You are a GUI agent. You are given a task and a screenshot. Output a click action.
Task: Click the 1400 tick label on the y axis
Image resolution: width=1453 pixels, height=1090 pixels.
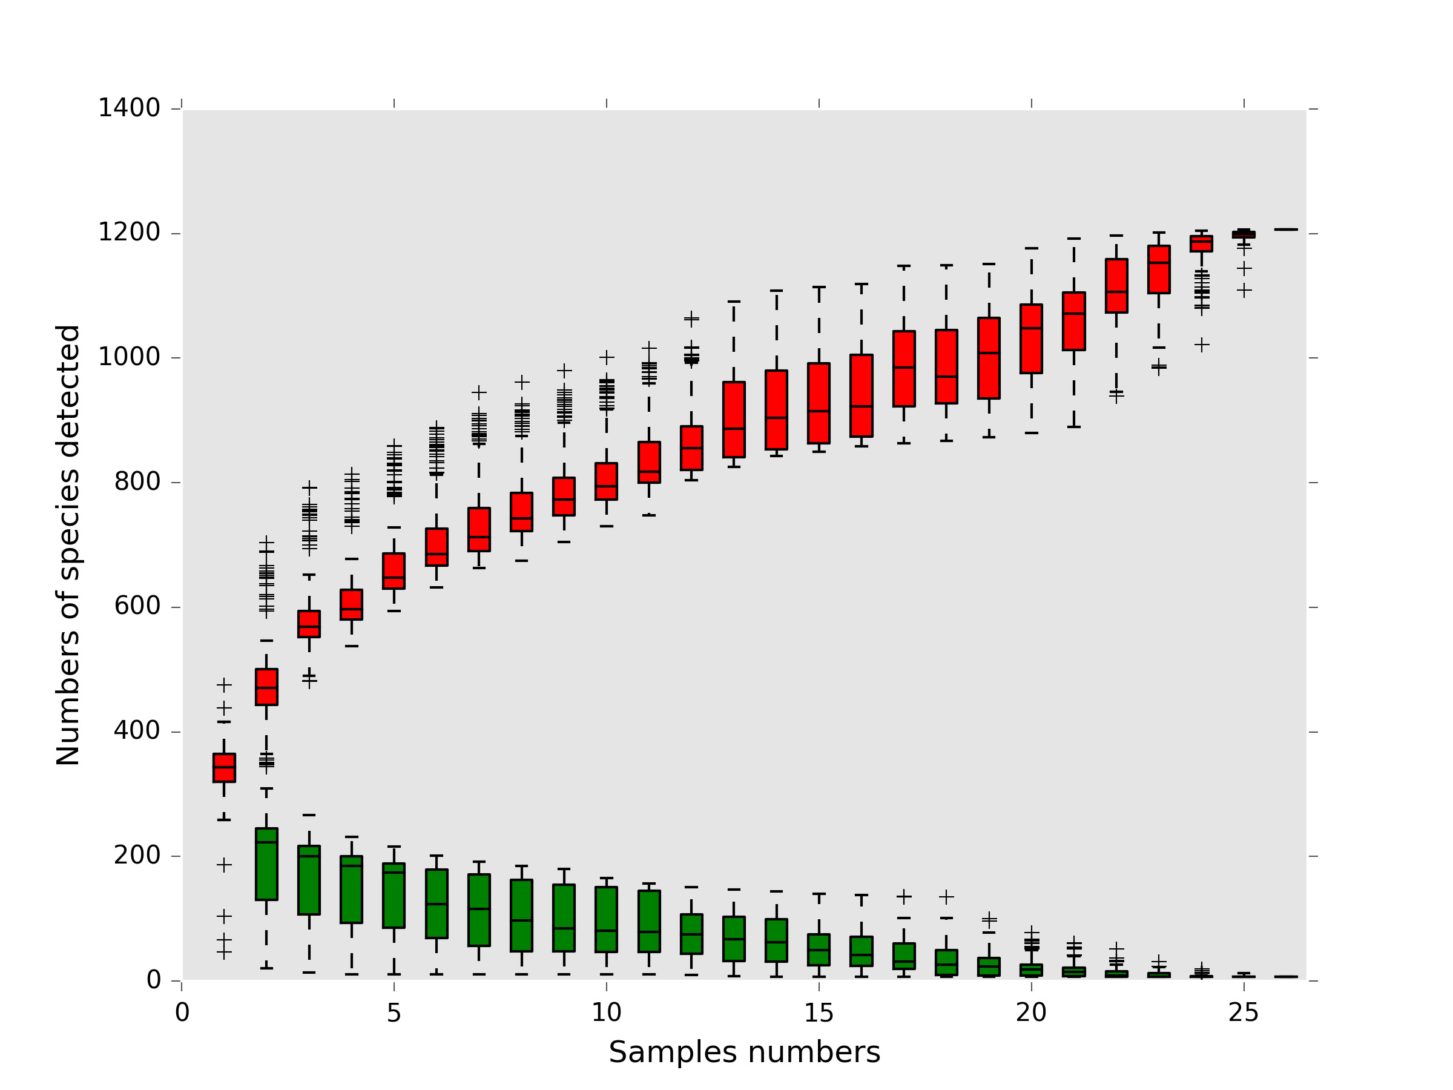pyautogui.click(x=129, y=108)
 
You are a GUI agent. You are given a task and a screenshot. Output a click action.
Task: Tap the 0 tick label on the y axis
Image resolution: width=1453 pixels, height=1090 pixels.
pyautogui.click(x=153, y=980)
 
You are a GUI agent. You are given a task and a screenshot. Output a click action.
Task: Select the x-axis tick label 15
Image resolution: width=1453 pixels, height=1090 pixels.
pyautogui.click(x=819, y=1013)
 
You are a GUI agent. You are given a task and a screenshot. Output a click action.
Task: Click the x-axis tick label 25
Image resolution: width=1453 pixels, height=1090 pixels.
pyautogui.click(x=1244, y=1013)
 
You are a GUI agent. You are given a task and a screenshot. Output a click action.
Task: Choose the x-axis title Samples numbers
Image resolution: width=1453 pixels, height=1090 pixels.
pyautogui.click(x=744, y=1052)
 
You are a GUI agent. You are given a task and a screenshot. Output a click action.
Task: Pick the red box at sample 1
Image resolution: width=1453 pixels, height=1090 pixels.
pyautogui.click(x=224, y=767)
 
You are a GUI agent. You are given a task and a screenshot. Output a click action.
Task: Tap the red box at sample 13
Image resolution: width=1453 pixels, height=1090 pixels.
pyautogui.click(x=734, y=419)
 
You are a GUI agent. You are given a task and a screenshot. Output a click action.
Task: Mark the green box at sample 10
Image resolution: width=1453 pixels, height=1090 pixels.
pyautogui.click(x=606, y=919)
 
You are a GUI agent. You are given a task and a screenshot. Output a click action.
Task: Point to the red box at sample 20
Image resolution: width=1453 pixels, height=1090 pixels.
pyautogui.click(x=1031, y=339)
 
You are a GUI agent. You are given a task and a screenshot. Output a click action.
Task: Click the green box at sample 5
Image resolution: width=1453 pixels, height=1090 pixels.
pyautogui.click(x=394, y=896)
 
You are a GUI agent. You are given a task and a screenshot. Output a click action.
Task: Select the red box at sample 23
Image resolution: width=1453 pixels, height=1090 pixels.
pyautogui.click(x=1159, y=269)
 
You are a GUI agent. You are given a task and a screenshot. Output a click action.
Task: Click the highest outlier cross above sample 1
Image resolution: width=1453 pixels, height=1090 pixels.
pyautogui.click(x=224, y=685)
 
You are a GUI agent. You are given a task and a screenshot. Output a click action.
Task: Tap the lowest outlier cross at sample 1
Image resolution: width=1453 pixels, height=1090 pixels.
pyautogui.click(x=224, y=952)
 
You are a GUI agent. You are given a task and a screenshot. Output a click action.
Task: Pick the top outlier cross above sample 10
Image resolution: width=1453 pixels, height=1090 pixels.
pyautogui.click(x=606, y=357)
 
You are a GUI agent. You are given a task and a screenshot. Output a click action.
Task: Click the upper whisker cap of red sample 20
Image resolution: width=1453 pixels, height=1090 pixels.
pyautogui.click(x=1031, y=248)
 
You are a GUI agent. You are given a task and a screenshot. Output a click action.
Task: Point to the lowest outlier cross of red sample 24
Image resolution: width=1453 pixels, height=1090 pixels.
pyautogui.click(x=1201, y=345)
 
